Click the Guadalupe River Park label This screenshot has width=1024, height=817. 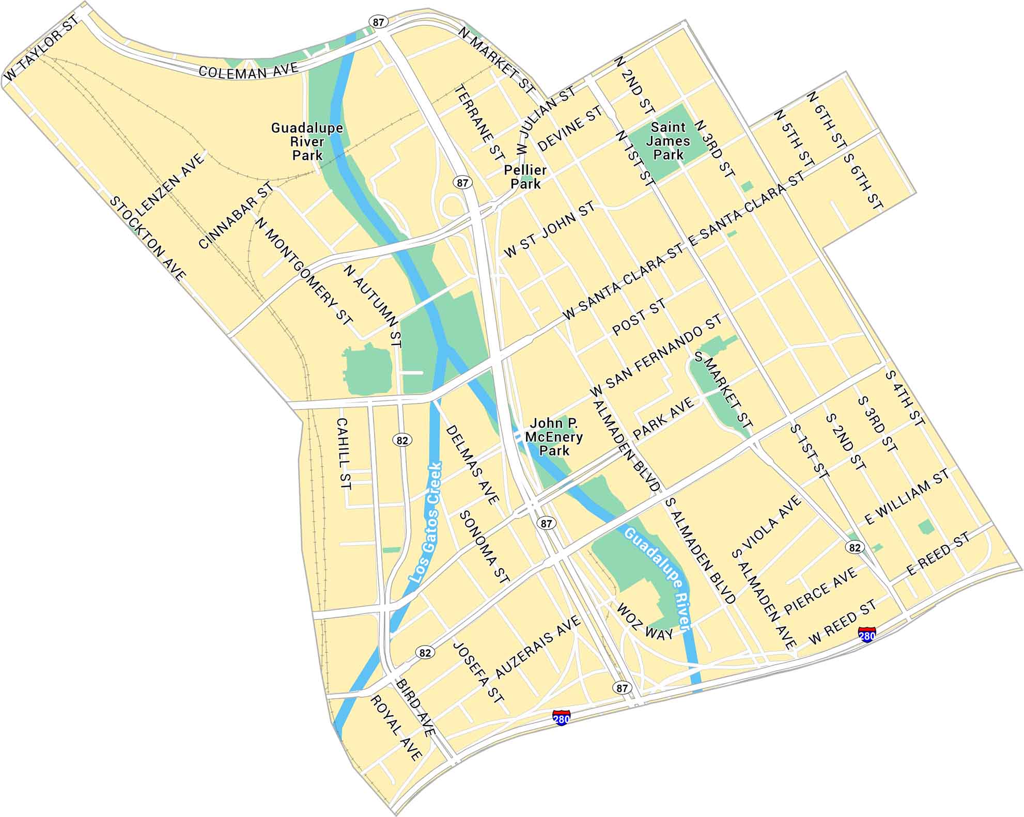(x=307, y=142)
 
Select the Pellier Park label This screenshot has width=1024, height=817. (x=525, y=177)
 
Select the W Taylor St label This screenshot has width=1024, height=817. (x=41, y=48)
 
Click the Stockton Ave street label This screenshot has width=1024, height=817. (x=147, y=239)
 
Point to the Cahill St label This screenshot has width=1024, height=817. (x=343, y=454)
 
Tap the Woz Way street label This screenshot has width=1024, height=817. (x=645, y=621)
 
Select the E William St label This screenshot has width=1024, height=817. (x=907, y=496)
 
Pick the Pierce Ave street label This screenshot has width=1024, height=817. (x=820, y=590)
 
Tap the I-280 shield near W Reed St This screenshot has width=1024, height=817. (x=866, y=635)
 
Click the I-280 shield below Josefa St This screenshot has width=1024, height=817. (x=561, y=718)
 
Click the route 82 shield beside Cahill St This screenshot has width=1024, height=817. (x=402, y=440)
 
